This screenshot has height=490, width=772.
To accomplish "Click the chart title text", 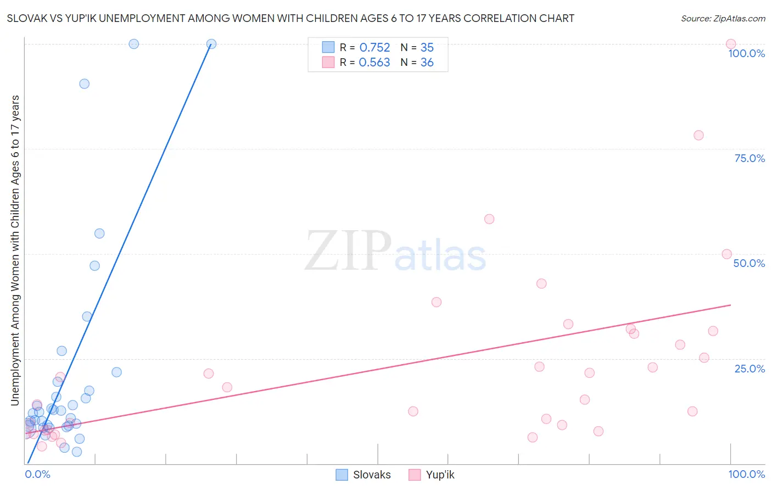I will click(x=290, y=18).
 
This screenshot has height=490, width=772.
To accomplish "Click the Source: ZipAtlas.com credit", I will click(x=723, y=18).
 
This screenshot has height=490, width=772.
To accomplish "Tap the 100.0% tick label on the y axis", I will click(x=746, y=53).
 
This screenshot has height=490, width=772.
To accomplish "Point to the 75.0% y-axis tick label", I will click(x=749, y=158).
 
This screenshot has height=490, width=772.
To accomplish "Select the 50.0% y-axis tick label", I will click(x=749, y=263).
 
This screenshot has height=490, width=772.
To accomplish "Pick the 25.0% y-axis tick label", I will click(x=749, y=369).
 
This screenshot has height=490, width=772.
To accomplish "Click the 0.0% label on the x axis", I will click(x=37, y=474).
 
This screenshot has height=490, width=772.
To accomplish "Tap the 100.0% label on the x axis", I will click(x=746, y=474).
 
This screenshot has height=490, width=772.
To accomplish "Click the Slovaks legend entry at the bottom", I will click(x=363, y=475).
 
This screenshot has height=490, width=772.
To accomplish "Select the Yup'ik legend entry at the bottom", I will click(x=432, y=475).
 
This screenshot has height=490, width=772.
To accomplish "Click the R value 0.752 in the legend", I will click(x=374, y=48).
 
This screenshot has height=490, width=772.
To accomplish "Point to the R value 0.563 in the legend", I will click(x=374, y=63).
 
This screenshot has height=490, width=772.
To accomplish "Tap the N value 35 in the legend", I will click(x=427, y=48).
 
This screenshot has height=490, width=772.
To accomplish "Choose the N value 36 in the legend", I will click(x=427, y=63).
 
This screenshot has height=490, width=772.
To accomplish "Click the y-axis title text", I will click(x=15, y=250).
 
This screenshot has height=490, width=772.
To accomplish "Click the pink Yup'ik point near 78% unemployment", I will click(x=698, y=135).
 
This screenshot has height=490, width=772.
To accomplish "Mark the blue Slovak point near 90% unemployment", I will click(x=84, y=83).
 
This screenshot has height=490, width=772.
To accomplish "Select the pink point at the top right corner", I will click(x=731, y=44).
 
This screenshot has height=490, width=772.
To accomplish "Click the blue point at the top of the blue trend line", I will click(x=211, y=44).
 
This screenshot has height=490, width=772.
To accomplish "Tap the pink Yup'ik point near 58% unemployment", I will click(x=489, y=219).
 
